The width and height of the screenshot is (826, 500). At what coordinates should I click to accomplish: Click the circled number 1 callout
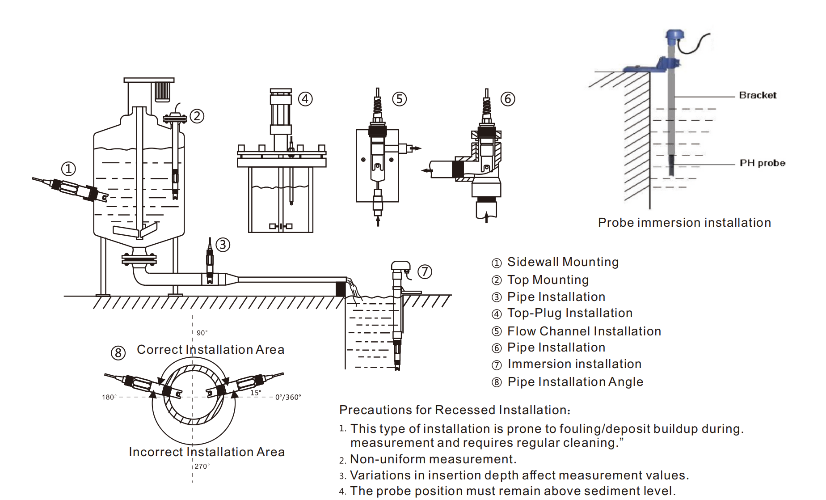pos(68,169)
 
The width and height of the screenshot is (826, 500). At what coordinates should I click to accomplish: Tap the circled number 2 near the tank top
pos(197,116)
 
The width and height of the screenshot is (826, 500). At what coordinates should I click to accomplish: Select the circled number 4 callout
pos(305,99)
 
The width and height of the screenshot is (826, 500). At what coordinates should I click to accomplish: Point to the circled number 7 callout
pos(425,271)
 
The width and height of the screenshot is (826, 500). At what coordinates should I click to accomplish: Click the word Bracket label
pos(758,95)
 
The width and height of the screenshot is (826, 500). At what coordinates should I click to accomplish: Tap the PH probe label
pos(762,163)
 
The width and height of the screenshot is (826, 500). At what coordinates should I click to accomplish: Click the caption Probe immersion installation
pos(684,223)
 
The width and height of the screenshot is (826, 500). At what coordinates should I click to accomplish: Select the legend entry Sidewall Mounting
pos(562,262)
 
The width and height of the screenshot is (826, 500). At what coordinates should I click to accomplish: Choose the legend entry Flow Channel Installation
pos(584,331)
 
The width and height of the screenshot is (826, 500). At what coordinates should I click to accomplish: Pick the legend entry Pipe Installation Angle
pos(575,382)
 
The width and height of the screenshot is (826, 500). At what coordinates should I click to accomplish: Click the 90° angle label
pos(202,333)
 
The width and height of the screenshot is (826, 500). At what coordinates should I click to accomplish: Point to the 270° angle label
pos(202,466)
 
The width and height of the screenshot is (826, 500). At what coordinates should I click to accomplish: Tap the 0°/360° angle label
pos(288,397)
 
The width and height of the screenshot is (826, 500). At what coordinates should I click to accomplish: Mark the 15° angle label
pos(256,393)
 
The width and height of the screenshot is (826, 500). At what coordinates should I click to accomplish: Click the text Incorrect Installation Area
pos(206,452)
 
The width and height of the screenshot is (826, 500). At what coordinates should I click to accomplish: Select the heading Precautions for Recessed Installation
pos(455,410)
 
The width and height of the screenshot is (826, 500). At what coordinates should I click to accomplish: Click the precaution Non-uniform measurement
pos(433,459)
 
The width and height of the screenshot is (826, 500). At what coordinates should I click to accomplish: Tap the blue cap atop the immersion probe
pos(674,35)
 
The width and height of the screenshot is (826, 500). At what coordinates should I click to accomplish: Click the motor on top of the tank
pos(162,92)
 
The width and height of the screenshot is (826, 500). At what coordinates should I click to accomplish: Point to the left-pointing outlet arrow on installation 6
pos(426,170)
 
